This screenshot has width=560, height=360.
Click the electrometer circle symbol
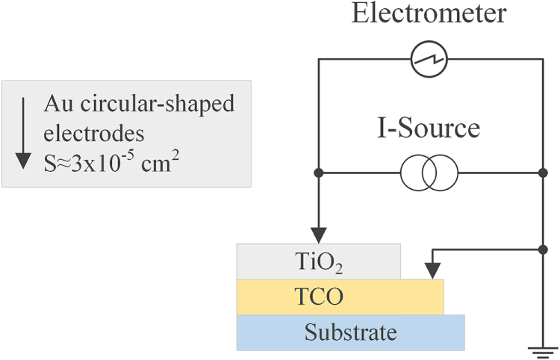pyautogui.click(x=429, y=60)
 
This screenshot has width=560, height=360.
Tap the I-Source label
pyautogui.click(x=426, y=129)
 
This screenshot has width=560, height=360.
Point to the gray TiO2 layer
pyautogui.click(x=319, y=262)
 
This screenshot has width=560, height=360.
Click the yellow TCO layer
pyautogui.click(x=340, y=297)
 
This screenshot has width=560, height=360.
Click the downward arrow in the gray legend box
pyautogui.click(x=23, y=131)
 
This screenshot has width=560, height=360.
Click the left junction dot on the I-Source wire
pyautogui.click(x=319, y=173)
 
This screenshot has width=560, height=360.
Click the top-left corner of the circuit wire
pyautogui.click(x=319, y=60)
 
